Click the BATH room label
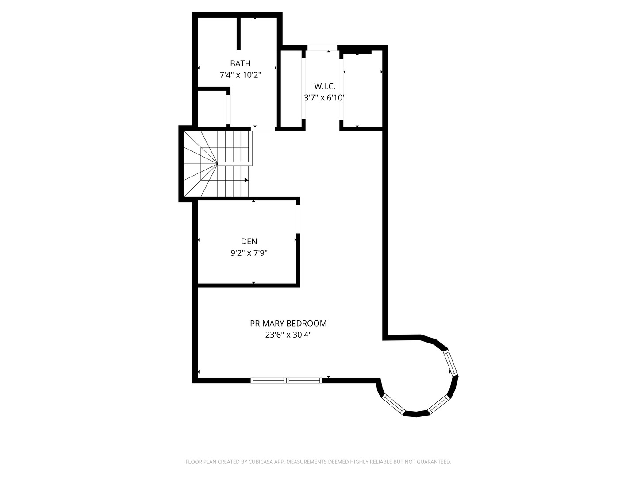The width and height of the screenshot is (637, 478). [240, 63]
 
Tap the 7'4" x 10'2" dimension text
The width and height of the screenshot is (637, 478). [240, 75]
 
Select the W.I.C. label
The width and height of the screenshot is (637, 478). [325, 86]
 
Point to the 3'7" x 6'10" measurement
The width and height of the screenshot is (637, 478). [325, 98]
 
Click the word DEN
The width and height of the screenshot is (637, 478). [249, 242]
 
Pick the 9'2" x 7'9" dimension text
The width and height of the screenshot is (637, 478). [249, 253]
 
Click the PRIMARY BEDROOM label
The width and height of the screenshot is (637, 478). [288, 323]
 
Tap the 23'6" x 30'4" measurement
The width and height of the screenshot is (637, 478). [288, 335]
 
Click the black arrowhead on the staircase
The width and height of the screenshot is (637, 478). [246, 180]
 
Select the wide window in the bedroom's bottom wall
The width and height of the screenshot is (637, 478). [287, 380]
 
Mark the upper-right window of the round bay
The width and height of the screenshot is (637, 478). [451, 363]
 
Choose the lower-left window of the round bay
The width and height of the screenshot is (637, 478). [394, 404]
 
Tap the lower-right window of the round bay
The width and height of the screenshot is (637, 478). [439, 404]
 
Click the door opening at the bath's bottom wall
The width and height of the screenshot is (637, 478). [263, 129]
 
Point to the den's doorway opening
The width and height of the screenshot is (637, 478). [298, 219]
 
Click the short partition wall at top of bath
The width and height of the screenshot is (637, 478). [238, 34]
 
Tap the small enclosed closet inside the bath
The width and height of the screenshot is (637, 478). [212, 109]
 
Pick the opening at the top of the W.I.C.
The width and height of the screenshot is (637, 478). [322, 48]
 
